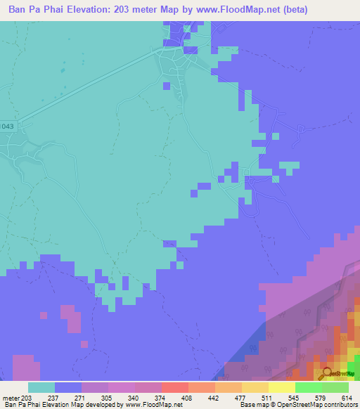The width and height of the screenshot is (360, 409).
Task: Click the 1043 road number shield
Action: tap(6, 126)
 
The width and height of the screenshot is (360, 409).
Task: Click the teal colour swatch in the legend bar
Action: tap(41, 387)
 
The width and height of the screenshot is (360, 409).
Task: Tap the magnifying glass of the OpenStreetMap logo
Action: tap(326, 373)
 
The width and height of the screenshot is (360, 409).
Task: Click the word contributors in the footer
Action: tap(340, 405)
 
